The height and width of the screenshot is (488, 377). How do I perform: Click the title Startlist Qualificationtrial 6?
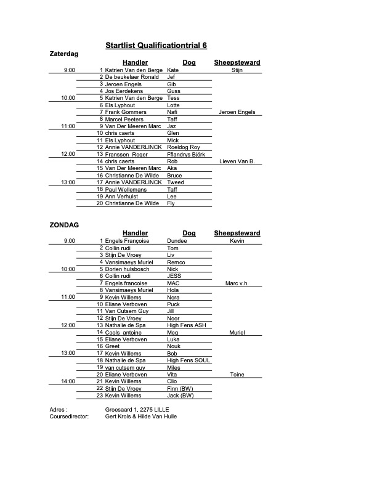pyautogui.click(x=156, y=46)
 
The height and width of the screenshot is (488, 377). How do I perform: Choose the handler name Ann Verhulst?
pyautogui.click(x=125, y=196)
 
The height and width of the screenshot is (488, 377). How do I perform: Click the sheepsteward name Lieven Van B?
pyautogui.click(x=237, y=161)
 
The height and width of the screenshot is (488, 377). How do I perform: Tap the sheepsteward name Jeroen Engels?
pyautogui.click(x=237, y=112)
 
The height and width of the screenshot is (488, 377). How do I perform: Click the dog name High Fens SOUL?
pyautogui.click(x=188, y=360)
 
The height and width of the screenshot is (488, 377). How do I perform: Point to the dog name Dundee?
pyautogui.click(x=177, y=241)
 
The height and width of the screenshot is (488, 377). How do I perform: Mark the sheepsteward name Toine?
pyautogui.click(x=237, y=375)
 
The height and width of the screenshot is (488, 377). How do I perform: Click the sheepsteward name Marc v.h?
pyautogui.click(x=237, y=283)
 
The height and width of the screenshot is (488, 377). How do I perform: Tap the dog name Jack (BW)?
pyautogui.click(x=180, y=396)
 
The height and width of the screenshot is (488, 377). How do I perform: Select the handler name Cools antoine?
pyautogui.click(x=128, y=332)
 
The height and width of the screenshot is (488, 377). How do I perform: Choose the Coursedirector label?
pyautogui.click(x=69, y=416)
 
